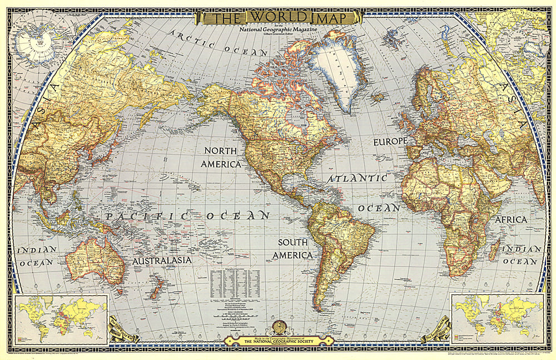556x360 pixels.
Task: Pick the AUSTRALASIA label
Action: pos(162,260)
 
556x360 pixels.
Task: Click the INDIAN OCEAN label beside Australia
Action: pos(37,255)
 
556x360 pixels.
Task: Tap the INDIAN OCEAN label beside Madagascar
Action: pos(522,255)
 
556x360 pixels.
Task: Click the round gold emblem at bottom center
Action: pos(277,328)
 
